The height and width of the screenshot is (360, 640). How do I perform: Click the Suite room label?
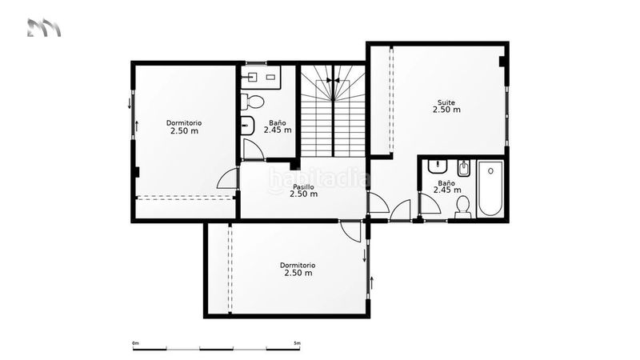tap(446, 102)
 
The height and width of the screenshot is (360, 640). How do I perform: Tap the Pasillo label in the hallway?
tap(303, 187)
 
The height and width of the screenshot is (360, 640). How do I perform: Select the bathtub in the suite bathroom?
tap(490, 188)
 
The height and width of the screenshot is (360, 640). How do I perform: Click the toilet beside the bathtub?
tap(463, 207)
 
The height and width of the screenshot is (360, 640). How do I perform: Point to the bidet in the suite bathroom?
tap(463, 168)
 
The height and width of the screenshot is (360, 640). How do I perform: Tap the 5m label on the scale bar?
tap(297, 343)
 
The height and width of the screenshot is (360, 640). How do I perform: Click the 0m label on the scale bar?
tap(136, 343)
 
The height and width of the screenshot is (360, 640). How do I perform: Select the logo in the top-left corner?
tap(44, 28)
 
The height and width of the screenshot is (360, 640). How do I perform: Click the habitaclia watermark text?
tap(318, 179)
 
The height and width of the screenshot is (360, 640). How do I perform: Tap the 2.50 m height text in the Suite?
tap(446, 110)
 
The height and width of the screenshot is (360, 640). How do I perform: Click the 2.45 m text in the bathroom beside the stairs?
tap(278, 130)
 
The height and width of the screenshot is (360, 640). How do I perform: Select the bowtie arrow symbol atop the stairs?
tap(333, 81)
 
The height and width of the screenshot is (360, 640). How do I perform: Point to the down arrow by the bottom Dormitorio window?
tap(365, 255)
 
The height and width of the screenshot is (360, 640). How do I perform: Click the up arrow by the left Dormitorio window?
tap(137, 126)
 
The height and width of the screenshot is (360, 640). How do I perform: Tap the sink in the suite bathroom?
tap(438, 166)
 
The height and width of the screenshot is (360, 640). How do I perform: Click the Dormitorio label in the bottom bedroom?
tap(298, 266)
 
